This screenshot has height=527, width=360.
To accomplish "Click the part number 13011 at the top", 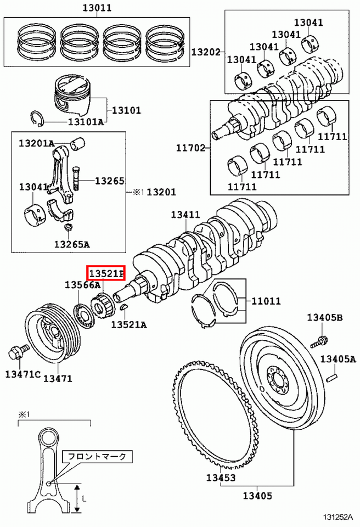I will point(97,8).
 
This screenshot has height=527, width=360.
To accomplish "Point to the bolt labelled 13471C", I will point(15,352).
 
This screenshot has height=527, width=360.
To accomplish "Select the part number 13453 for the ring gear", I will point(221,478).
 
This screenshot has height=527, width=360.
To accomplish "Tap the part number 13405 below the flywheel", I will point(257,496).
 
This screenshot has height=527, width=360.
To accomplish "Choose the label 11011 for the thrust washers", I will point(266,301).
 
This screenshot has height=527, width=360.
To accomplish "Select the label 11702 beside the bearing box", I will point(190,148).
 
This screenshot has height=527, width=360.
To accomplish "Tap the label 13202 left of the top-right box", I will point(205,52).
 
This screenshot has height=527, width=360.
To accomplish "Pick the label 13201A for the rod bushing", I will point(36,143).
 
